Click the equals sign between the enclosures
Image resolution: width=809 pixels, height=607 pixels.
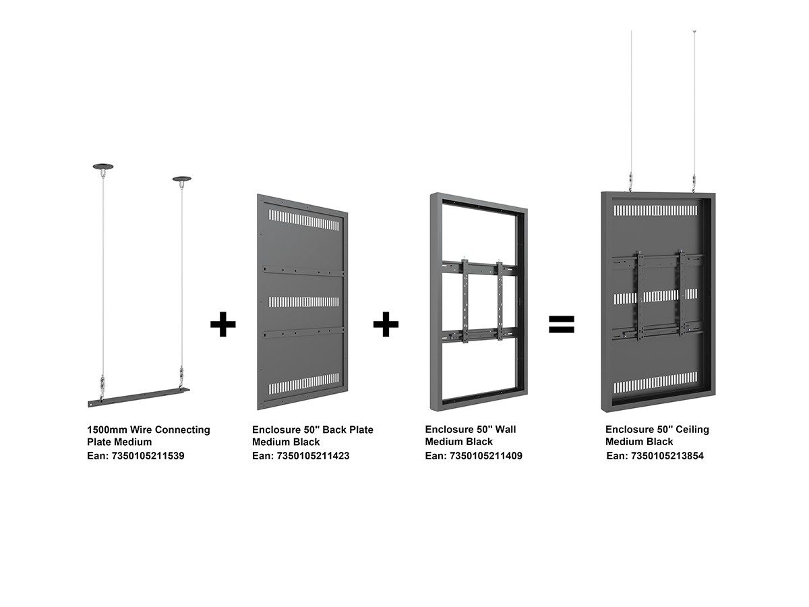click(x=561, y=324)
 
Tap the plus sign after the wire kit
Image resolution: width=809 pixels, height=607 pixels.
click(x=222, y=324)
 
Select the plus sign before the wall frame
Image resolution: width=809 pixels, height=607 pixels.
click(x=386, y=324)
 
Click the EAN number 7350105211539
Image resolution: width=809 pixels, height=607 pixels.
click(x=148, y=456)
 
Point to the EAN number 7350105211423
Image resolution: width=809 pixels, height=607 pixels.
click(x=313, y=456)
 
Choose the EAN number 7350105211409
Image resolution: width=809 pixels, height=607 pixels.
click(x=486, y=456)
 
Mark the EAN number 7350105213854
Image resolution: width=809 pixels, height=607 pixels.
click(x=667, y=456)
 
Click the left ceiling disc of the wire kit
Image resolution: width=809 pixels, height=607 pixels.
click(x=103, y=167)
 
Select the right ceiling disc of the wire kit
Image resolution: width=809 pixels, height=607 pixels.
click(x=182, y=179)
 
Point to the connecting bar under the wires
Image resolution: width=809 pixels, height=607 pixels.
click(x=139, y=397)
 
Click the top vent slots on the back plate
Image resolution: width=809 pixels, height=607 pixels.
click(x=303, y=220)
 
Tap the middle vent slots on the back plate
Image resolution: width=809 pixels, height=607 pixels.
click(x=303, y=302)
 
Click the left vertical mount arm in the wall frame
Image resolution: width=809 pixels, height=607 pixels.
click(x=465, y=301)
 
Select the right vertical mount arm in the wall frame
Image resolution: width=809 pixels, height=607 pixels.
click(x=500, y=301)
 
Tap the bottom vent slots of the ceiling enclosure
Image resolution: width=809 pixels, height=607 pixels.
click(x=655, y=382)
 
